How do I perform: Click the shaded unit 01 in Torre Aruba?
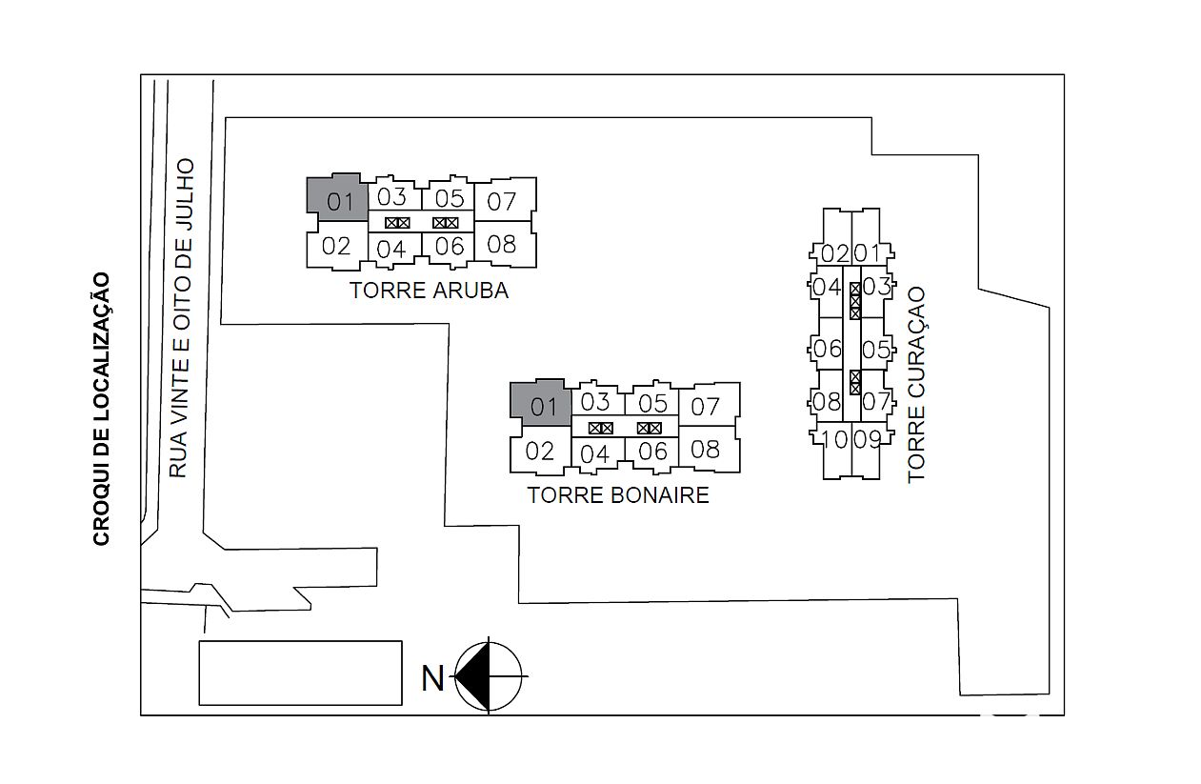point(338,197)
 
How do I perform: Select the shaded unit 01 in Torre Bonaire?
point(541,403)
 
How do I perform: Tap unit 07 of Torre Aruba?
point(505,199)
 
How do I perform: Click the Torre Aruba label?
point(429,291)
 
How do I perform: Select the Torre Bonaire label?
point(618,495)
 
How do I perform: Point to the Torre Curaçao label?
point(916,385)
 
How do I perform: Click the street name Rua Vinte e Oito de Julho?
point(180,317)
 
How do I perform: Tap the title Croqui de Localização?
point(101,410)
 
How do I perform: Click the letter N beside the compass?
point(432,679)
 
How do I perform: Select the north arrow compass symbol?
point(489,676)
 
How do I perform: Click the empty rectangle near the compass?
point(300,673)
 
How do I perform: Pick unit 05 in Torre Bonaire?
point(652,401)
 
